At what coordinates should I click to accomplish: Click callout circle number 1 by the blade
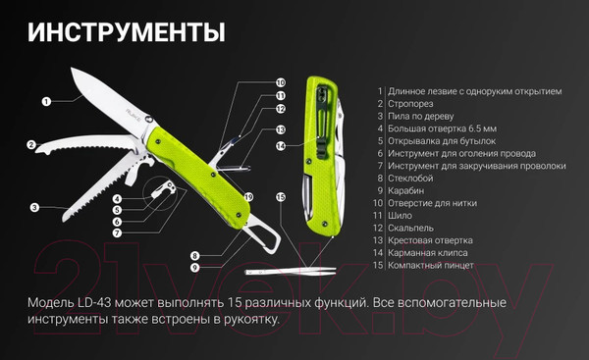coord(46,100)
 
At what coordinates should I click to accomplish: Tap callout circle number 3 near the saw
coord(34,207)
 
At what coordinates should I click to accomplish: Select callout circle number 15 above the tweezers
coord(281,197)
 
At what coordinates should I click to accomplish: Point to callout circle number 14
coord(281,147)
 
